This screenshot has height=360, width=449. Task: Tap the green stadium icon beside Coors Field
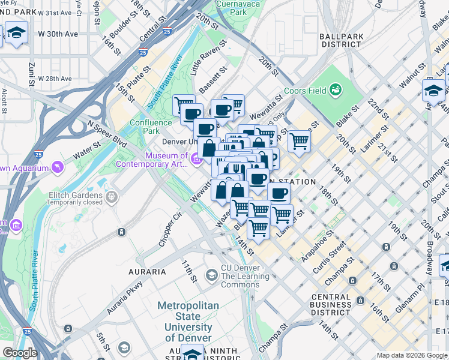point(336,91)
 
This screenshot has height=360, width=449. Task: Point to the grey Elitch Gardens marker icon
point(112,196)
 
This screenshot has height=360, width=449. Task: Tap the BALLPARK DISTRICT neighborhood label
point(342,40)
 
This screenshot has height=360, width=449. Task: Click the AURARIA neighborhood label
point(146,272)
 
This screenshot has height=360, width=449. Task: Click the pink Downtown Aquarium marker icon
point(58,166)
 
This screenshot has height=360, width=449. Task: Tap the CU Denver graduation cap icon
point(211,275)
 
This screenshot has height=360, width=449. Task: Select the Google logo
point(20,353)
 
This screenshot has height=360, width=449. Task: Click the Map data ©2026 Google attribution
point(411,355)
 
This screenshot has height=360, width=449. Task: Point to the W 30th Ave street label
point(59,34)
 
